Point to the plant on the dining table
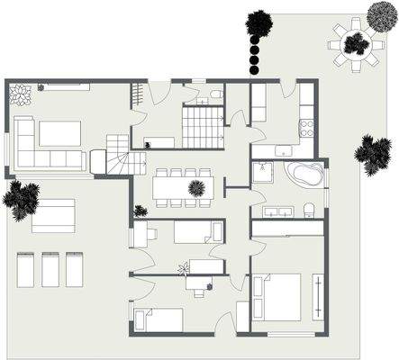pos(195,187)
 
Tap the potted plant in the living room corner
pos(20,92)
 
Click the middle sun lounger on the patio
pos(50,269)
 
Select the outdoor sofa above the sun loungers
pos(53,216)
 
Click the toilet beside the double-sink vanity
pos(309,210)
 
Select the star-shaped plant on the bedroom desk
pos(184,268)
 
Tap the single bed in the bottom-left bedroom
pos(159,319)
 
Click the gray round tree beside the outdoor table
pos(381,15)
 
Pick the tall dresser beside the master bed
pos(317,296)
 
